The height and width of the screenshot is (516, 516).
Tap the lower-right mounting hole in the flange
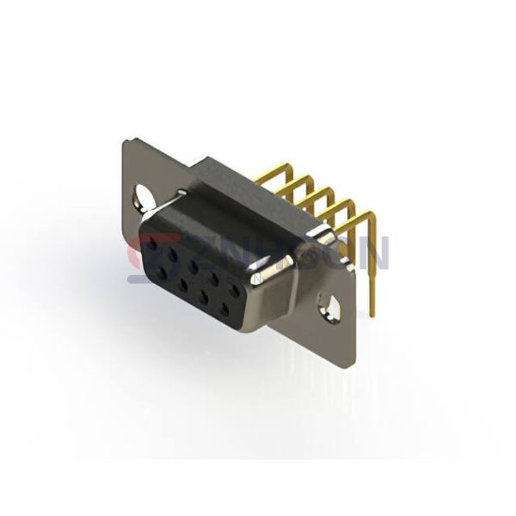point(329,304)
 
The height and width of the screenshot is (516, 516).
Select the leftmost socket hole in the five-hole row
point(153,245)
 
